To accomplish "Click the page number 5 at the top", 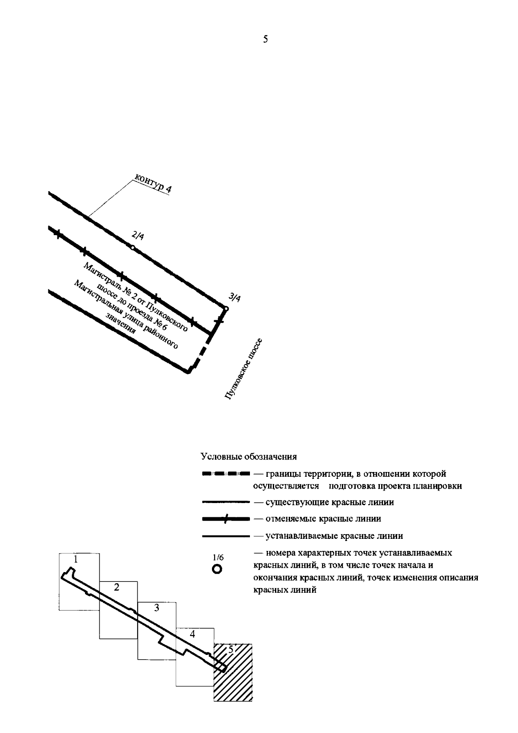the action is tap(265, 40).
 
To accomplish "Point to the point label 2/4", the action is tap(138, 236).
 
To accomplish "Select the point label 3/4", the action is tap(235, 297).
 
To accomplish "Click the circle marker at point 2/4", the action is tap(133, 247).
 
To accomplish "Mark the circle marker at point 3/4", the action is tap(226, 308).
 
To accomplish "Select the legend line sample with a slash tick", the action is tap(226, 519).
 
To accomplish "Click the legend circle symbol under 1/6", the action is tap(217, 569).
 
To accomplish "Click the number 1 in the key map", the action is tap(76, 560).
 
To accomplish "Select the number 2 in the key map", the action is tap(116, 588).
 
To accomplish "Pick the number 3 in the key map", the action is tap(157, 608).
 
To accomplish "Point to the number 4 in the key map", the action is tap(193, 634).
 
